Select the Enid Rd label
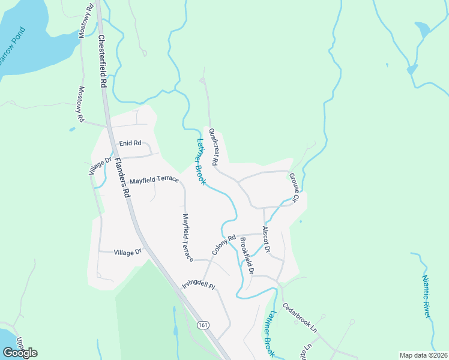pos(130,143)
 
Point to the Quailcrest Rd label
pos(213,146)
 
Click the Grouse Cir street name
pos(294,187)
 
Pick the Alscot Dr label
pos(267,239)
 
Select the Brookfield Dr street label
pos(247,256)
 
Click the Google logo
pos(20,352)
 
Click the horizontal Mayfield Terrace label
pos(154,179)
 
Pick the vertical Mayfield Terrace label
pos(188,238)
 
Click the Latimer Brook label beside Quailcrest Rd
pos(201,162)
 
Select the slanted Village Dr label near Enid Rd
pos(101,166)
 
